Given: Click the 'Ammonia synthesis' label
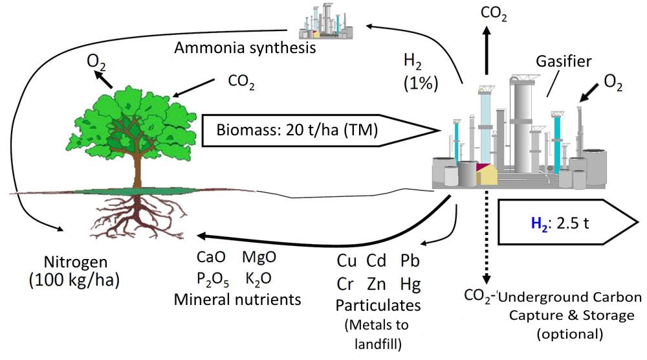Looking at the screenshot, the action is point(245,48).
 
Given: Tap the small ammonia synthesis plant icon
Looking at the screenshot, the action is point(326,21).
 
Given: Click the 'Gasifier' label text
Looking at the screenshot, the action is point(564,61).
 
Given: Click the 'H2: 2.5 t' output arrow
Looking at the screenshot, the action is point(568,223).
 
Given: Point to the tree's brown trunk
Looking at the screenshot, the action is point(137,169).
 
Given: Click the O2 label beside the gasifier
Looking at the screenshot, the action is point(613,83).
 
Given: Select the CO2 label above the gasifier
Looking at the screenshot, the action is point(494,14).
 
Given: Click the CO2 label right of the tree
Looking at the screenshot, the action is point(241,82).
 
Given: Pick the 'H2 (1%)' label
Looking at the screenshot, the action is point(420,73).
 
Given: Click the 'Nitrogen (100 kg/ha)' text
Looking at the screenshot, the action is point(74,271).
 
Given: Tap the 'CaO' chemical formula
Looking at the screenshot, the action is point(211,257).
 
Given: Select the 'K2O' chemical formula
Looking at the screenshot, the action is point(258,278).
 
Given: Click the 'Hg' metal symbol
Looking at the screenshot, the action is point(410,284).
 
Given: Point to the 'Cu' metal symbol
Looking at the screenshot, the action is point(347,260).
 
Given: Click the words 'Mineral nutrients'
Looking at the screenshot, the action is point(237,299).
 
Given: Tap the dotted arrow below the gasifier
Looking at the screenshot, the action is point(487,238).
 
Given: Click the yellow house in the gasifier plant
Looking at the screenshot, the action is point(487,175).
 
